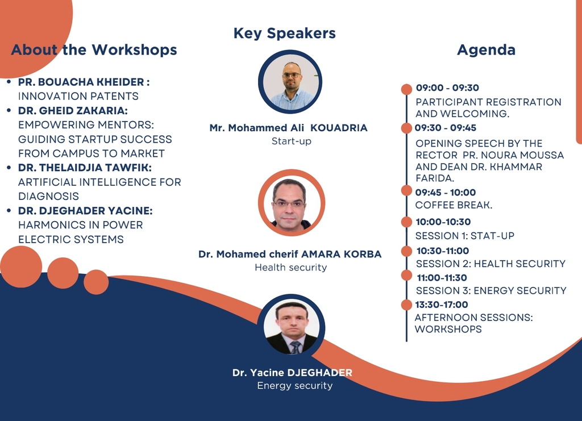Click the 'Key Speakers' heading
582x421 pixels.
(x=284, y=34)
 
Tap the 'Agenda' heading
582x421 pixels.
(x=487, y=49)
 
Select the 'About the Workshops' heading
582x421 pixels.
(x=94, y=49)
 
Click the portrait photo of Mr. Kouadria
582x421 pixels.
(x=290, y=82)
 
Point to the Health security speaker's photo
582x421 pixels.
(x=292, y=203)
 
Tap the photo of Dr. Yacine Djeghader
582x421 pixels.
(x=292, y=327)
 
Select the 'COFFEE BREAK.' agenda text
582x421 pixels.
(x=454, y=205)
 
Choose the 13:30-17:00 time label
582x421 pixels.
(x=441, y=305)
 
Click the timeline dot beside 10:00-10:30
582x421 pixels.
(x=406, y=222)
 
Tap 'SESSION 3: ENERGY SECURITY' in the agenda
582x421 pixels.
(x=491, y=290)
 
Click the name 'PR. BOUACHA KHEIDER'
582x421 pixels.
(x=81, y=82)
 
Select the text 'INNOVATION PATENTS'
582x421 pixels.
(x=78, y=97)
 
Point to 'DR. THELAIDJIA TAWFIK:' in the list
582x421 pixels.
(x=85, y=168)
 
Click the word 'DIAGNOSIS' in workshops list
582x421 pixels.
(x=49, y=196)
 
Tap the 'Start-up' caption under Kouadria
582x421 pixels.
(x=292, y=141)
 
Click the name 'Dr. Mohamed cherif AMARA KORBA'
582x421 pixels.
(x=290, y=254)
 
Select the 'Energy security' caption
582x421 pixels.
(x=295, y=386)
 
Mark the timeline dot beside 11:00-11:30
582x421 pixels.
(x=406, y=276)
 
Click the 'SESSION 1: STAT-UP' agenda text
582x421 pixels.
(x=465, y=236)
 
